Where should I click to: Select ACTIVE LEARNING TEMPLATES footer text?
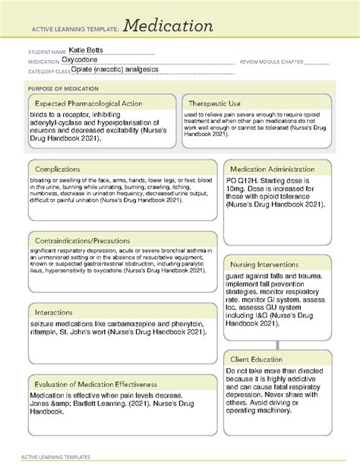57,458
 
